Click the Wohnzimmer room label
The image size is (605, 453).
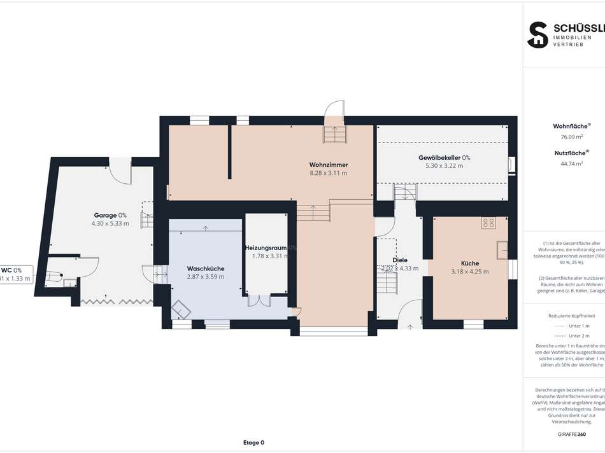tap(328, 165)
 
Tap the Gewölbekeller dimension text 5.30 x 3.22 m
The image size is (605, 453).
tap(444, 166)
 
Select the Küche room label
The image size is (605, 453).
tap(470, 263)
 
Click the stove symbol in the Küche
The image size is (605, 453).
tap(489, 223)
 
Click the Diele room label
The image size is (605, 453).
tap(399, 260)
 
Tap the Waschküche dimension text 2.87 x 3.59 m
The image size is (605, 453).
tap(206, 277)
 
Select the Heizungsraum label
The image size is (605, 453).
tap(266, 247)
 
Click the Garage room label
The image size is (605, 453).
tap(104, 216)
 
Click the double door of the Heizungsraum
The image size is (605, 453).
tap(259, 300)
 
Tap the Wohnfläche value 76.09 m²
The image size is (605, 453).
tap(562, 137)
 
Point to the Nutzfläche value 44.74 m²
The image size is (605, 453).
tap(562, 163)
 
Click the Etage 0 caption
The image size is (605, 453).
tap(253, 442)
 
